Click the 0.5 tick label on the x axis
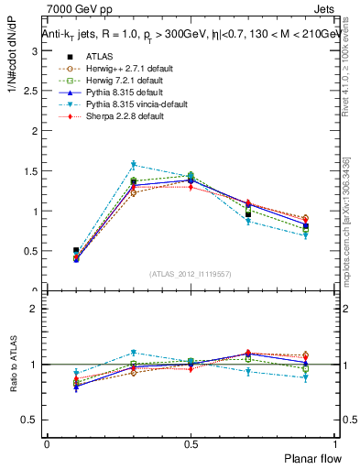[x=191, y=444]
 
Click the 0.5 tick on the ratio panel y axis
[x=32, y=420]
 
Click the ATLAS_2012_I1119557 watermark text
[x=191, y=273]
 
